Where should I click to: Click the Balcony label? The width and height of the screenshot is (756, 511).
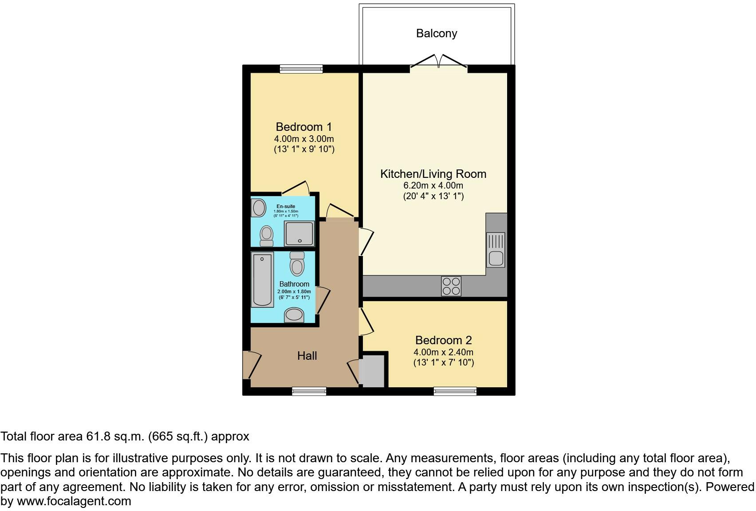pos(436,33)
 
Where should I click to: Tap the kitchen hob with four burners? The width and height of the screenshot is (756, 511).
pos(451,286)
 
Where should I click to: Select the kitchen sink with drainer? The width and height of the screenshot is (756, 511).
pos(496,250)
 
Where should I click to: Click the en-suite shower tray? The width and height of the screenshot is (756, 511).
pos(299,233)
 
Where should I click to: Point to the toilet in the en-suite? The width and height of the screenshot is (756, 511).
pos(267,235)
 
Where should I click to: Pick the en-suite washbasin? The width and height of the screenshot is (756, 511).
pos(258,208)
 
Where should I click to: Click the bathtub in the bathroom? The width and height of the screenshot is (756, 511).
pos(262,279)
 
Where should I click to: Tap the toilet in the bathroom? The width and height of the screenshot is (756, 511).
pos(297,264)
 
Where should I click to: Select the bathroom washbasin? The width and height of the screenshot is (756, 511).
pos(294,315)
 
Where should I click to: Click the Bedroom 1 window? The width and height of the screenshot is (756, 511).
pos(301,69)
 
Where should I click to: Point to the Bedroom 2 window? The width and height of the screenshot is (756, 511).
pos(455,391)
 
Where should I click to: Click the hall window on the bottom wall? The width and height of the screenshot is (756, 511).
pos(309,391)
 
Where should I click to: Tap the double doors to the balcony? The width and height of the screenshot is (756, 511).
pos(438,62)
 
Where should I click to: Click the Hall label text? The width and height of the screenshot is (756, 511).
pos(307,356)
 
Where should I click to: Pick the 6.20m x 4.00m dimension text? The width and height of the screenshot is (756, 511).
pos(433,185)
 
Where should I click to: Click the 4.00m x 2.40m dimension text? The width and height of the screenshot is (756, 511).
pos(443,352)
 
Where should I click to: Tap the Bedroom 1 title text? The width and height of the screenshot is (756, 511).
pos(303,127)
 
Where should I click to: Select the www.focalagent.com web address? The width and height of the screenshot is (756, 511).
pos(74,502)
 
